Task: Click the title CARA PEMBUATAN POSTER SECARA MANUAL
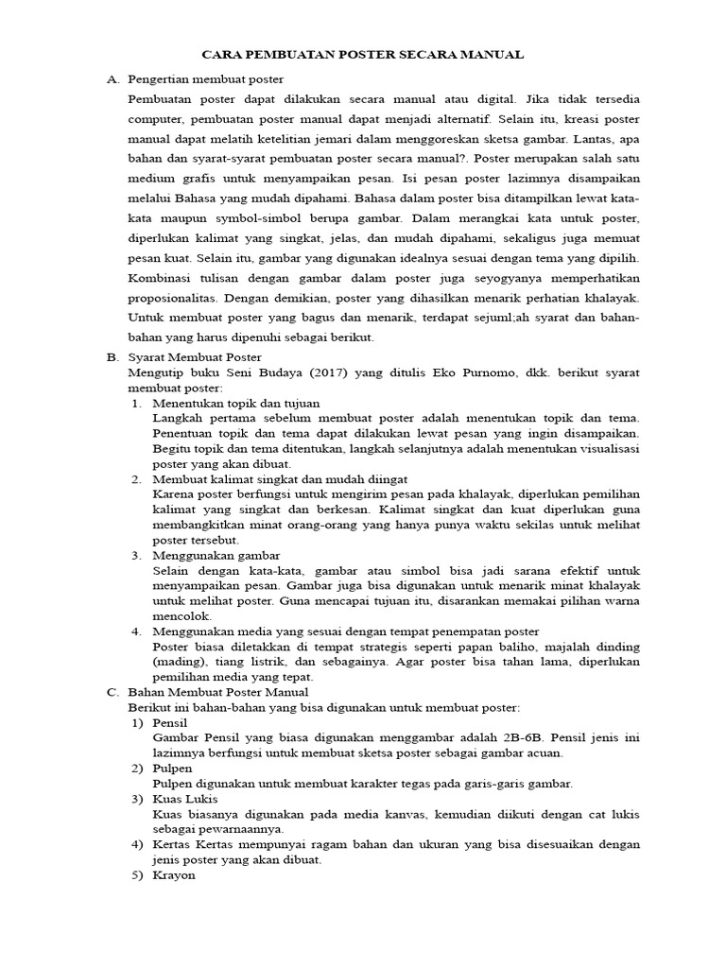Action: (x=363, y=55)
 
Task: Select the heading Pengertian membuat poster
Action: (x=205, y=78)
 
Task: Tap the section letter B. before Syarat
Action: (x=112, y=358)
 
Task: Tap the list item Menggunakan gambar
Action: (x=216, y=555)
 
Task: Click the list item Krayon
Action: (x=174, y=874)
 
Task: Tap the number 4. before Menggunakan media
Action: (x=136, y=631)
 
